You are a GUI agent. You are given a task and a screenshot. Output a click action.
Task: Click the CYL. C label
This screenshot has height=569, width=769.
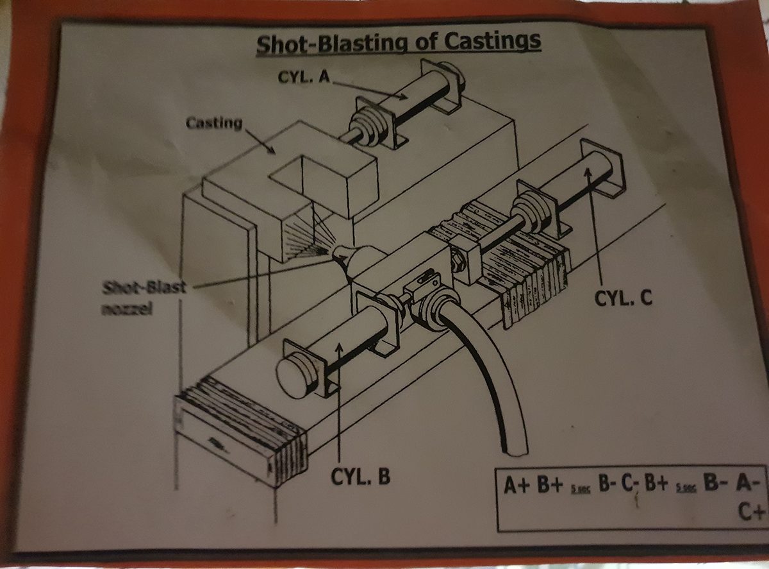(624, 298)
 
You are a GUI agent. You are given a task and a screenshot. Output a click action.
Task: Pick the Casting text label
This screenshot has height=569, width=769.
(214, 122)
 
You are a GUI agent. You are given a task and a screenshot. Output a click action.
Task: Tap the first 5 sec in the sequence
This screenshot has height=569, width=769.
(581, 489)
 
